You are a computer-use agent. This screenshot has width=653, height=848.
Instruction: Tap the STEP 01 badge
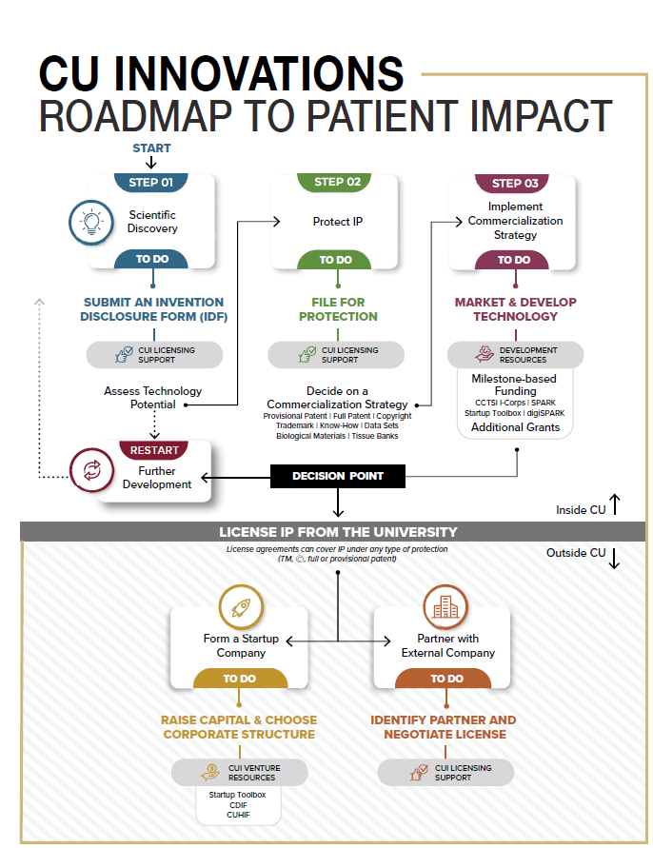tap(151, 182)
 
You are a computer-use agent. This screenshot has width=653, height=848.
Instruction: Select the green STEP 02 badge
tap(336, 182)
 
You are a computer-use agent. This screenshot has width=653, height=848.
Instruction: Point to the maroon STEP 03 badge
tap(515, 183)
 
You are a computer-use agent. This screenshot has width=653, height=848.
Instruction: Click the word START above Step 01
tap(151, 148)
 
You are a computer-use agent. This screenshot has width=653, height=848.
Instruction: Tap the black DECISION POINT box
tap(338, 476)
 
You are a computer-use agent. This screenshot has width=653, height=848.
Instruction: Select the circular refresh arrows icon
tap(92, 470)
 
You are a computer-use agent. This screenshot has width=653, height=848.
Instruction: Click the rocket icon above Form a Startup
tap(240, 606)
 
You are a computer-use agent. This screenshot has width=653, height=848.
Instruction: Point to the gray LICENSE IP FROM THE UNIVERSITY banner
tap(338, 532)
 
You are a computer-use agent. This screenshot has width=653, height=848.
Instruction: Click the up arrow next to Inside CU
tap(615, 505)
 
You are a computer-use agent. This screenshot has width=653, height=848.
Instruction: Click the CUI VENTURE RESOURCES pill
tap(240, 772)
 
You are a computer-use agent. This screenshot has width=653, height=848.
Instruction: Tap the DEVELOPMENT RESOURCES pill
tap(515, 355)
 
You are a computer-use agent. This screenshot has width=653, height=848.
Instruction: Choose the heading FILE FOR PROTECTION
tap(338, 309)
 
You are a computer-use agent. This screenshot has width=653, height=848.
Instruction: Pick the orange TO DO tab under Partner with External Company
tap(446, 679)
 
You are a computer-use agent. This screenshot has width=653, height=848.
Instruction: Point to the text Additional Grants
tap(515, 427)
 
